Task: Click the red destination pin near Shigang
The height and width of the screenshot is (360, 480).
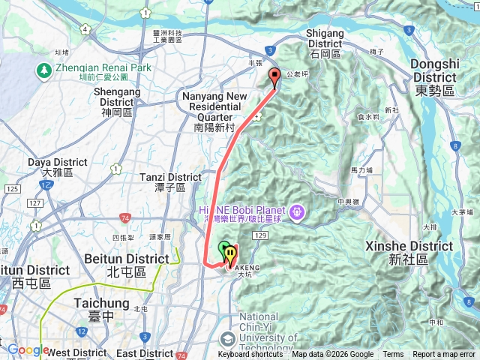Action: coord(274,76)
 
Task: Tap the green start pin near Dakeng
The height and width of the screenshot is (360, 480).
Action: coord(223,249)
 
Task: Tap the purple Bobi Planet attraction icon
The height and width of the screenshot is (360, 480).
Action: coord(298,212)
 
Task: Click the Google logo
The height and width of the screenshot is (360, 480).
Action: coord(28,349)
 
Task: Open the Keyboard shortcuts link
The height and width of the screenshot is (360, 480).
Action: coord(250,355)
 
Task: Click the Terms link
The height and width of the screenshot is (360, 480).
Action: coord(392,355)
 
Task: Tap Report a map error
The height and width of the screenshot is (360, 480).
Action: coord(444,355)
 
